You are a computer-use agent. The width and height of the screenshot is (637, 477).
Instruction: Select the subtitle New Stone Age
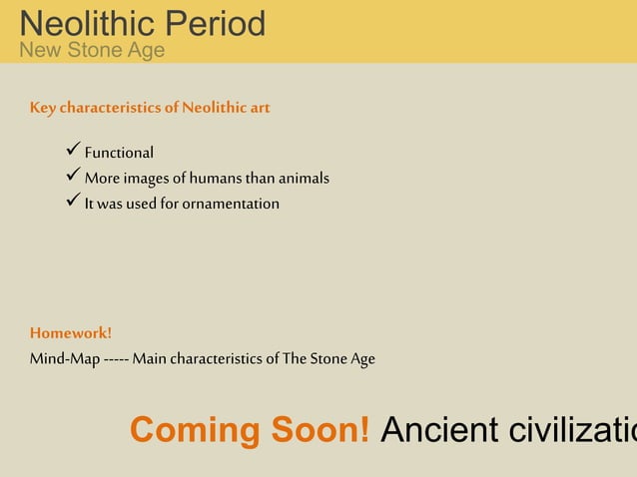92,50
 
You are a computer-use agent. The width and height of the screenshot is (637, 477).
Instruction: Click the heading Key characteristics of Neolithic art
150,107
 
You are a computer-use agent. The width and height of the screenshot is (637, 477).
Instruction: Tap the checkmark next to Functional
72,152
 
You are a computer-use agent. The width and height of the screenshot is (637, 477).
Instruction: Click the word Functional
119,153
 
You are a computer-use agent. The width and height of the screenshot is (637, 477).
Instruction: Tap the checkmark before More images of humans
72,178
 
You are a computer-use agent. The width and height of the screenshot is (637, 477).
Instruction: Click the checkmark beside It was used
72,203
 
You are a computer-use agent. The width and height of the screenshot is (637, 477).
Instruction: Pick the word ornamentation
231,204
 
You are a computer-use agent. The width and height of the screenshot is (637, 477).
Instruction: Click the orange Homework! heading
71,332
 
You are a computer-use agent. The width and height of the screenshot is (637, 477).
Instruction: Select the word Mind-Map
64,358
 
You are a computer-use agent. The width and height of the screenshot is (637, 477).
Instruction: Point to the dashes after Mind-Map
115,358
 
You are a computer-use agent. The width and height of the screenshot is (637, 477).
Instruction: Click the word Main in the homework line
149,358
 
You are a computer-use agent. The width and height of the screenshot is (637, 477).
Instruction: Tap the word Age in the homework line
362,359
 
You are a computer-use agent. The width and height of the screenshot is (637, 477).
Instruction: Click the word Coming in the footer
195,430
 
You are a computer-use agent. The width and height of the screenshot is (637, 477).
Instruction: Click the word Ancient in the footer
440,430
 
